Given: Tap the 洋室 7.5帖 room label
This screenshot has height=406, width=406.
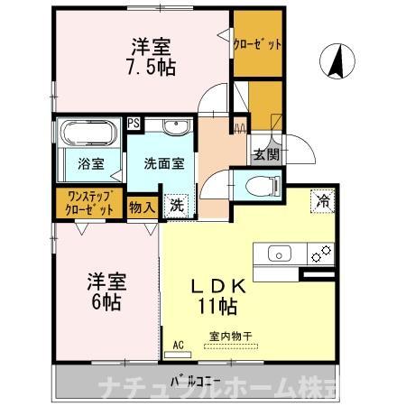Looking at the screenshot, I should click(152, 57).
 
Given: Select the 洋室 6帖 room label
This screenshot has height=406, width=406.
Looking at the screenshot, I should click(106, 290).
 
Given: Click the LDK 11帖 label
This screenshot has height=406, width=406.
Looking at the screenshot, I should click(218, 297).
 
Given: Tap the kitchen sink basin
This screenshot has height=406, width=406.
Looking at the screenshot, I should click(279, 254).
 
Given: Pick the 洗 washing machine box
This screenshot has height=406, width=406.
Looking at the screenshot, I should click(178, 205).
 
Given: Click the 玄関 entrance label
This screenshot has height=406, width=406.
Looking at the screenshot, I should click(264, 154).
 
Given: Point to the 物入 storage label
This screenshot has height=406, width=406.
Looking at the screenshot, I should click(143, 207).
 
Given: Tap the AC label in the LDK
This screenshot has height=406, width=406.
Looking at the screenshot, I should click(179, 344).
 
